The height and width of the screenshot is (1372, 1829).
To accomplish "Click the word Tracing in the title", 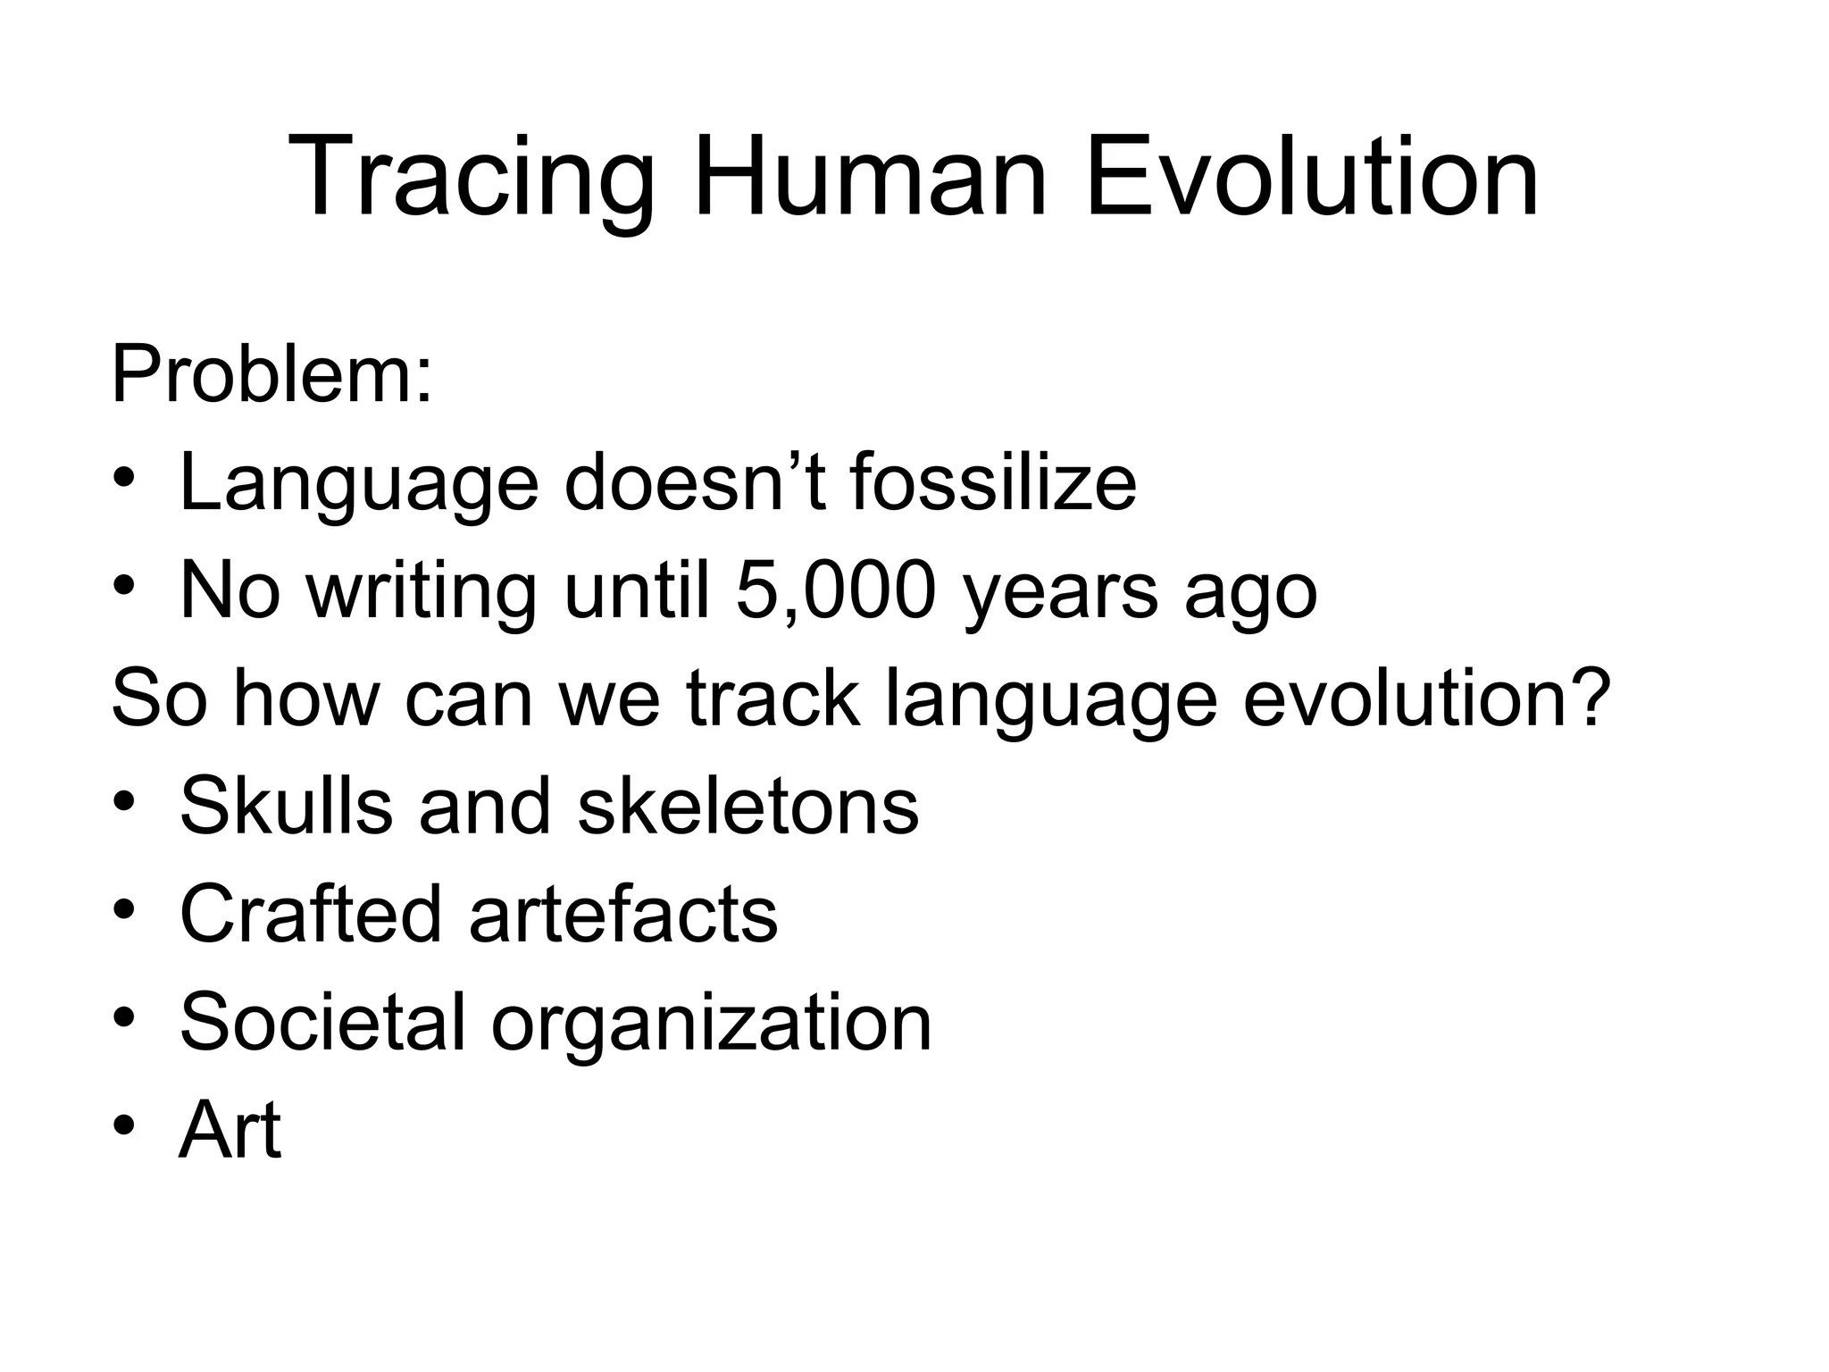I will [471, 179].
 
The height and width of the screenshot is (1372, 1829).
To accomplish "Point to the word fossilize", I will [993, 483].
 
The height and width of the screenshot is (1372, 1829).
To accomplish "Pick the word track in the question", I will [773, 699].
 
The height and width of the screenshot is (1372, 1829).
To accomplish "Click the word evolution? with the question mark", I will [1427, 699].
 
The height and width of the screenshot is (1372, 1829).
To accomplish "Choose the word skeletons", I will [748, 806].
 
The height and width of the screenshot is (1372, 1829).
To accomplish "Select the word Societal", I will [322, 1022].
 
